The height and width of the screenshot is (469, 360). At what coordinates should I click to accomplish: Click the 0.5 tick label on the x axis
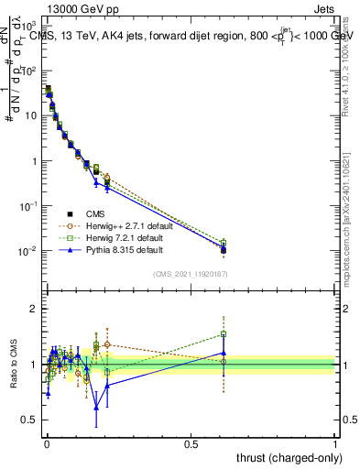coord(191,444)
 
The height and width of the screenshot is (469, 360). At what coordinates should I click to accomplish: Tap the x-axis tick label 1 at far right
coord(335,444)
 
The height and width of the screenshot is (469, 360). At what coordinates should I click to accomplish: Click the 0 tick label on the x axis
coord(47,444)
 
